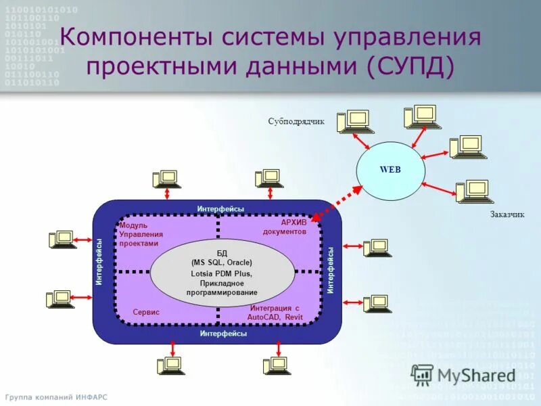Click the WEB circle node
[390, 169]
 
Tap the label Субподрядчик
[296, 122]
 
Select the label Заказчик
[507, 215]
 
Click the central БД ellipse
[222, 273]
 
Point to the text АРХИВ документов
[285, 227]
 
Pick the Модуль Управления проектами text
[139, 234]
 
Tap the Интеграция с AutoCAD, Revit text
[274, 312]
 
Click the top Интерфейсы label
[220, 209]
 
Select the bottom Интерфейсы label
[223, 334]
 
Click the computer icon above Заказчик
[471, 191]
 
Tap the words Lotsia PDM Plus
[221, 273]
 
